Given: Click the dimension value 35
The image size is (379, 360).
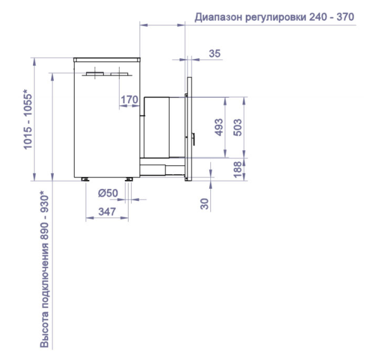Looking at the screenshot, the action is tap(215, 53).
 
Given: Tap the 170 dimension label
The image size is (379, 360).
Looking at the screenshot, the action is tap(129, 100).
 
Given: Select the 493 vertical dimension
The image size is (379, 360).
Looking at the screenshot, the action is tap(219, 127).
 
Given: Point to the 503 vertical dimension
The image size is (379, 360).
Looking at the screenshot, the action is tap(238, 127).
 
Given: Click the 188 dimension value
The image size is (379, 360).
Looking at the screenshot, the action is tap(238, 169).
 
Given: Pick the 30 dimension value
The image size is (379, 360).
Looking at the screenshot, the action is tap(205, 203).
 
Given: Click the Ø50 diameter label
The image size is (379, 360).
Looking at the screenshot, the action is tap(108, 193).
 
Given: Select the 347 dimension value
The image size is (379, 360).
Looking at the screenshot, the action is tap(107, 212).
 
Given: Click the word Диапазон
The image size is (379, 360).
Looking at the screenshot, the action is tap(219, 17).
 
